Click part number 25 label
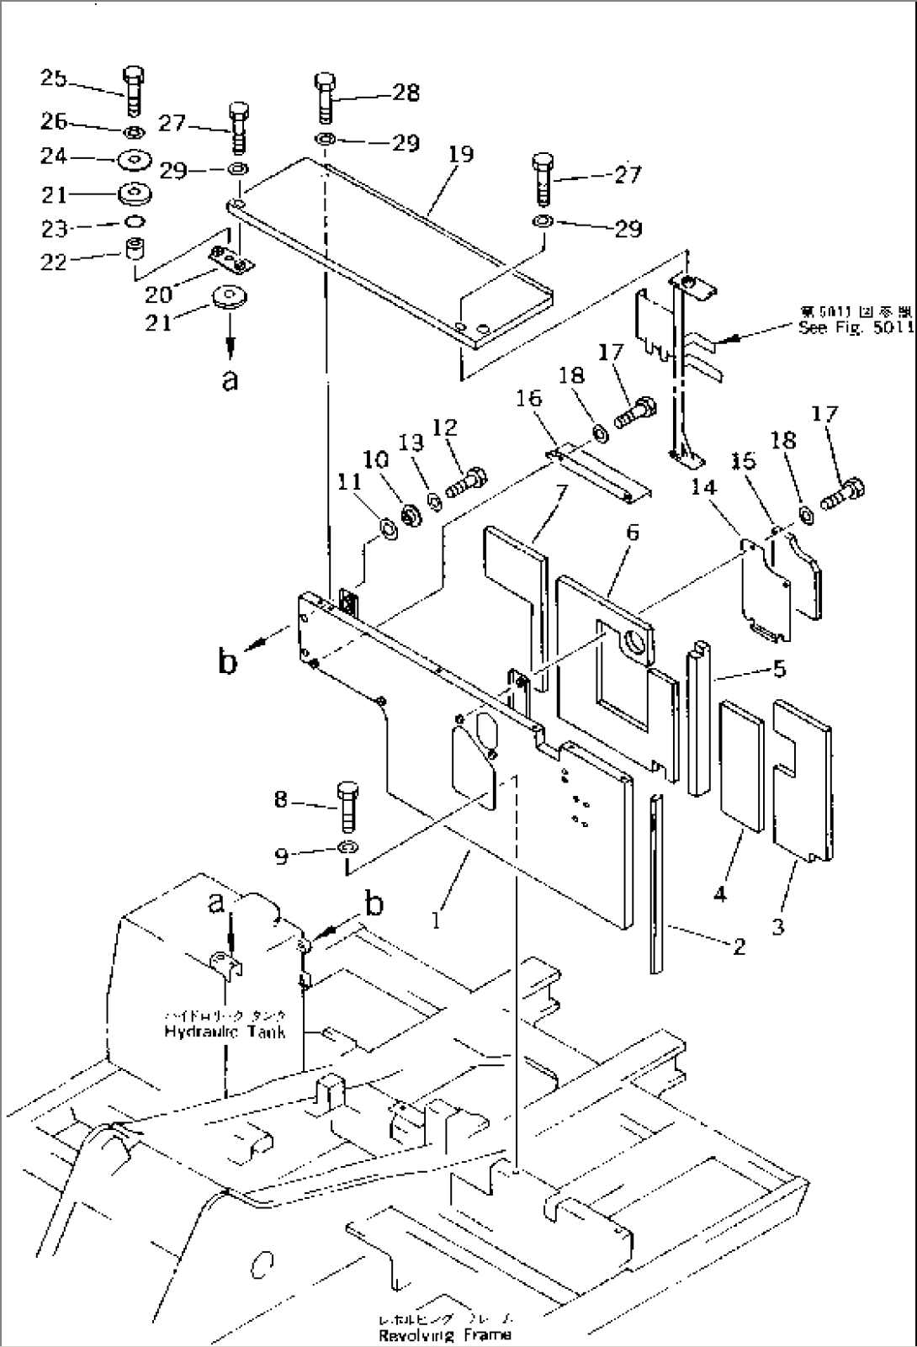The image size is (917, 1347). pos(53,78)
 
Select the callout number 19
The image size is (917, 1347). pos(461,154)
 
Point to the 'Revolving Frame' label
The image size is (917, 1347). pos(444,1334)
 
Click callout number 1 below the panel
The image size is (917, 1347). pos(436,921)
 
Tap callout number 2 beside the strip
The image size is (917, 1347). pos(738,947)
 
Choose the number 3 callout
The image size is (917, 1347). pos(779,927)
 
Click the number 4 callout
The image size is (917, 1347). pos(719,895)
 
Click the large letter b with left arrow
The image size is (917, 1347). pos(227,662)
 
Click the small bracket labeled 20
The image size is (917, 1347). pos(231,263)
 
